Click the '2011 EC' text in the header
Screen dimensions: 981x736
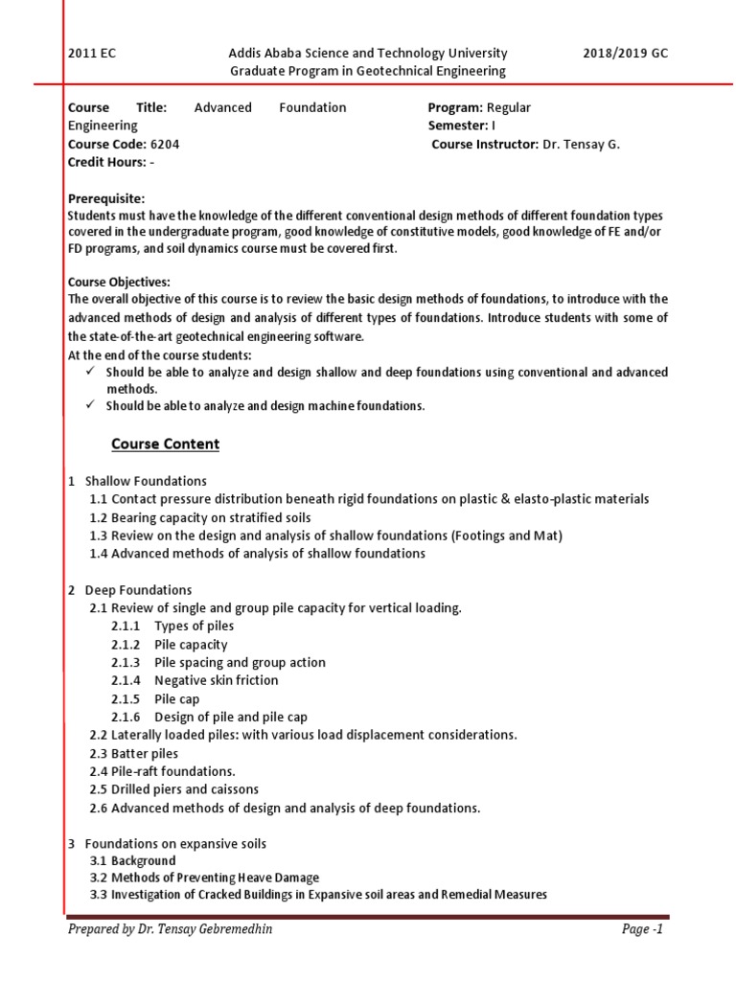pyautogui.click(x=91, y=54)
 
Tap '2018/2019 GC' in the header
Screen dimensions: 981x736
pyautogui.click(x=625, y=54)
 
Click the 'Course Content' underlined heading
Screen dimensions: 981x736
pyautogui.click(x=165, y=445)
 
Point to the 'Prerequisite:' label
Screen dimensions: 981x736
pyautogui.click(x=106, y=198)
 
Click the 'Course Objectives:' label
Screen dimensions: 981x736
pyautogui.click(x=119, y=282)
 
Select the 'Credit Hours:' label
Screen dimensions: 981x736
pyautogui.click(x=106, y=162)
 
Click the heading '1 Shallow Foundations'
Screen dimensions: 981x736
pyautogui.click(x=137, y=481)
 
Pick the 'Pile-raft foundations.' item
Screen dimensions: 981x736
pyautogui.click(x=162, y=771)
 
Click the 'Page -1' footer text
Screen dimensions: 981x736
pyautogui.click(x=643, y=929)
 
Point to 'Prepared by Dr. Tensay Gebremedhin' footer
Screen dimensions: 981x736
pyautogui.click(x=163, y=929)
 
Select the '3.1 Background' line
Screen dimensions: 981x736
pyautogui.click(x=132, y=861)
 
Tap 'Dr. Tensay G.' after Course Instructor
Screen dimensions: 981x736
pyautogui.click(x=582, y=144)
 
